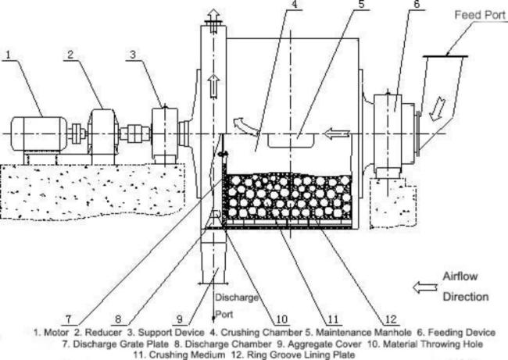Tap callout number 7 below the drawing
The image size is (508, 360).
click(69, 319)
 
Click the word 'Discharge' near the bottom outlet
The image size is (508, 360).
click(236, 296)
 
